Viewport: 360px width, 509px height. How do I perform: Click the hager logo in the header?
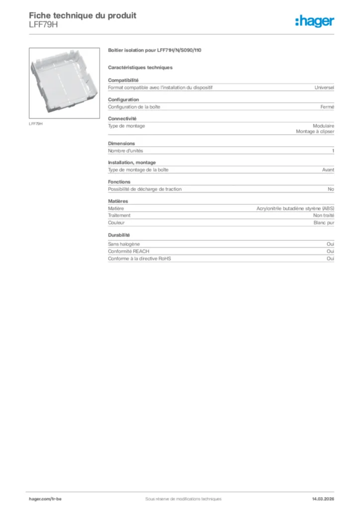tap(314, 21)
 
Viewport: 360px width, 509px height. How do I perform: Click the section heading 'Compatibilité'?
tap(123, 80)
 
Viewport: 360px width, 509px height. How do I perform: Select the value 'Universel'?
tap(324, 87)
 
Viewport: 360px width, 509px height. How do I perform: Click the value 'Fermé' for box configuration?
tap(327, 107)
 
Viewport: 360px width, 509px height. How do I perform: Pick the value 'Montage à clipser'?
tap(315, 132)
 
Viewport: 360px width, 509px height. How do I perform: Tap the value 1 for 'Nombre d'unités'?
tap(333, 151)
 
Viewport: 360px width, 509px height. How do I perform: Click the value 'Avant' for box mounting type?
tap(328, 170)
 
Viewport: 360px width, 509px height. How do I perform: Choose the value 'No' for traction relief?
tap(331, 189)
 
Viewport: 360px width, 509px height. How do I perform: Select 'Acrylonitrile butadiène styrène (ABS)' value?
tap(295, 208)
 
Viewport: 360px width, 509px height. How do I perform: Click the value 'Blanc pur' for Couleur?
tap(324, 223)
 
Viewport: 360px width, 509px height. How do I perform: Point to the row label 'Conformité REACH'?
tap(129, 252)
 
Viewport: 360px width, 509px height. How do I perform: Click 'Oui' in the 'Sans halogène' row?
tap(330, 244)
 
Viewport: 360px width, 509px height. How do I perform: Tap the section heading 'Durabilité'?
tap(119, 235)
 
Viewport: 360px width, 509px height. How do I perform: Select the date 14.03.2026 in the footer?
tap(319, 499)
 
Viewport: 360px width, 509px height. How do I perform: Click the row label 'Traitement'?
tap(119, 215)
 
